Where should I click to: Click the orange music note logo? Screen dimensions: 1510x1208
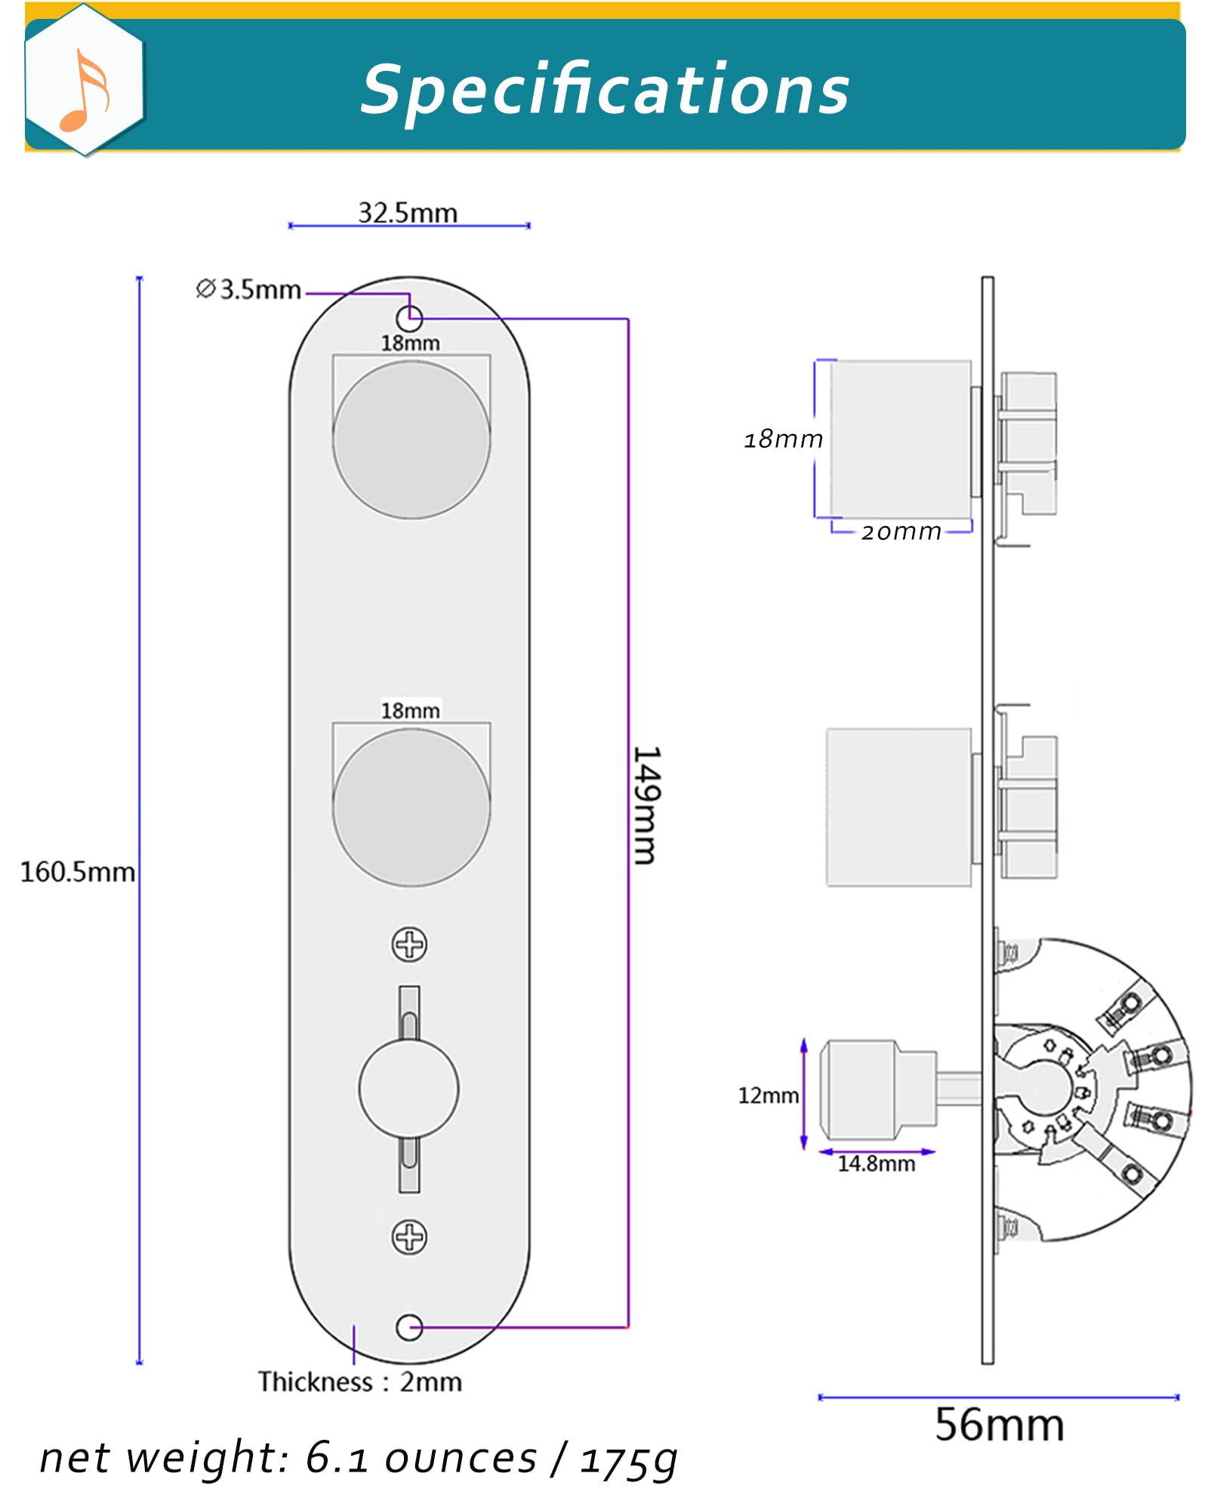click(x=85, y=91)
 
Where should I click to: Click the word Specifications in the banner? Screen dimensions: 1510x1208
click(x=604, y=89)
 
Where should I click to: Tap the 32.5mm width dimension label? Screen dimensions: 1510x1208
click(x=408, y=213)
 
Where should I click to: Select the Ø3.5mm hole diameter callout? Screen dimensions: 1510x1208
click(x=248, y=289)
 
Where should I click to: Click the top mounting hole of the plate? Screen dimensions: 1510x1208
click(x=409, y=318)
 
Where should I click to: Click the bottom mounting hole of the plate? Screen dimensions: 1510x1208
click(x=409, y=1327)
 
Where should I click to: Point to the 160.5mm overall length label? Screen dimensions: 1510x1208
click(x=77, y=872)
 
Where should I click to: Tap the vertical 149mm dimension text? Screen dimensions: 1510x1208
click(x=646, y=805)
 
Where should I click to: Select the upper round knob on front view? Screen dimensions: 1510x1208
click(x=411, y=439)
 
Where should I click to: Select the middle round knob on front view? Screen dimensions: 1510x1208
click(x=411, y=807)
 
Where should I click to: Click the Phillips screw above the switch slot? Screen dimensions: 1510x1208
click(x=409, y=944)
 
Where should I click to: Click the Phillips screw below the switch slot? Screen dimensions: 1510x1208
click(x=409, y=1237)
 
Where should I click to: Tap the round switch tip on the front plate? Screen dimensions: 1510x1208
click(x=408, y=1089)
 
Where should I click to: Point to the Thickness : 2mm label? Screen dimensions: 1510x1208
click(x=360, y=1382)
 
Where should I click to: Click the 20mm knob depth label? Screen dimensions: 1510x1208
click(x=901, y=532)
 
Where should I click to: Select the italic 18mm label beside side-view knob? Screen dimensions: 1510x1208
click(x=783, y=439)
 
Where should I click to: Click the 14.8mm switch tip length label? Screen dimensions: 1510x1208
click(x=876, y=1163)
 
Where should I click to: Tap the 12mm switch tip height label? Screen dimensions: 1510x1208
click(x=768, y=1096)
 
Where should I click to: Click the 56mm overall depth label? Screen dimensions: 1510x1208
click(x=999, y=1425)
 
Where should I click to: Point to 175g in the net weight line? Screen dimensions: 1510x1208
click(x=628, y=1459)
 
